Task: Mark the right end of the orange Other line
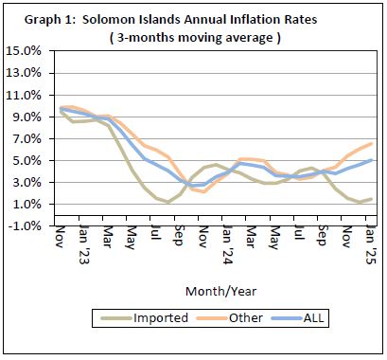369,143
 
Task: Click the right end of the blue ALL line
369,160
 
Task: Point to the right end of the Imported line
369,199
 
